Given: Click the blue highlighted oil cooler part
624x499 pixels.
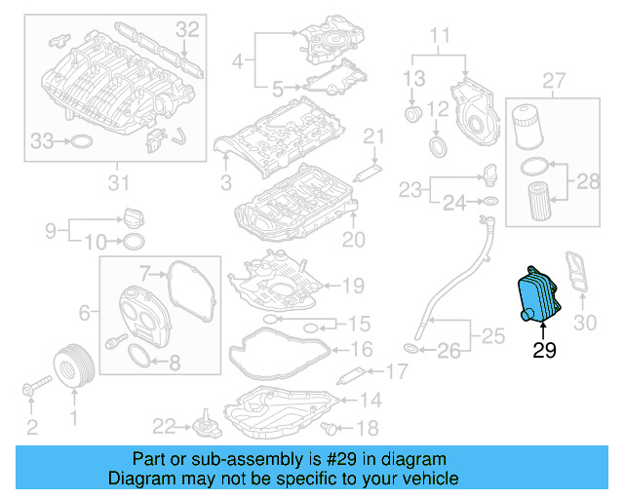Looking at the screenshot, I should (x=535, y=294).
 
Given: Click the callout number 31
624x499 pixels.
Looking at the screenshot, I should (x=118, y=182).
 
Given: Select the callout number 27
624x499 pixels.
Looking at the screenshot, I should (x=553, y=79).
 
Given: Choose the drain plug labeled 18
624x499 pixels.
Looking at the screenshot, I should (x=331, y=427).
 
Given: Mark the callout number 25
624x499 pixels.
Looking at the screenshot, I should (x=494, y=337).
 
